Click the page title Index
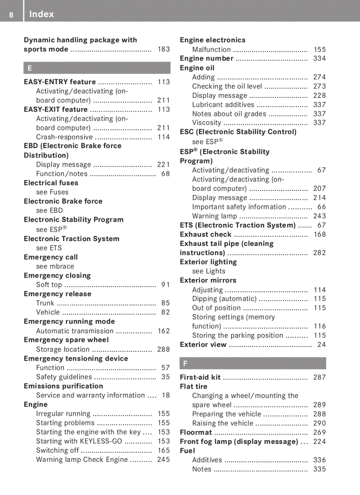click(41, 14)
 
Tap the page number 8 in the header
click(11, 15)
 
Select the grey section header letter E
click(30, 68)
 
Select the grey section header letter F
click(185, 363)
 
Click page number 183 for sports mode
click(163, 49)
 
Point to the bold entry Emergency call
click(51, 257)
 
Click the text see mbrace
click(55, 266)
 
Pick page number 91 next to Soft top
click(165, 285)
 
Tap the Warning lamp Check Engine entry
click(82, 460)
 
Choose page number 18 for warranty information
click(165, 395)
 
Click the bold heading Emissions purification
click(64, 386)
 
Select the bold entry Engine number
click(206, 59)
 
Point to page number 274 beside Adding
click(319, 77)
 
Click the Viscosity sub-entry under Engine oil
click(206, 123)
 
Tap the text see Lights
click(209, 271)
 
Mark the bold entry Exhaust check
click(206, 234)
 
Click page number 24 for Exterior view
click(322, 345)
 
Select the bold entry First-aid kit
click(200, 377)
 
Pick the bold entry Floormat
click(196, 432)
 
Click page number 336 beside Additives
click(319, 460)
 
